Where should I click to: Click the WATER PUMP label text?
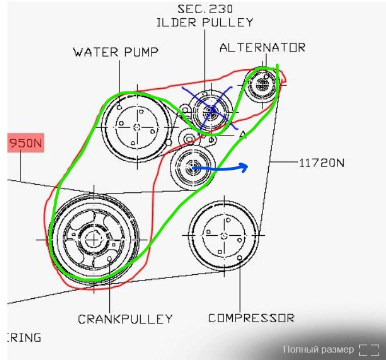[x=116, y=52]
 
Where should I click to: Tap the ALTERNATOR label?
[x=262, y=48]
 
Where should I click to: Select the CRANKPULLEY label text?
[x=125, y=318]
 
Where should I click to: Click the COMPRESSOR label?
[x=251, y=318]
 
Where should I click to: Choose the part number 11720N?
[x=322, y=163]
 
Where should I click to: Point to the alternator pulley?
[x=262, y=85]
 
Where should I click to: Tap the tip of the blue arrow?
[x=247, y=167]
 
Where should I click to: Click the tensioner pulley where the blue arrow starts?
[x=193, y=167]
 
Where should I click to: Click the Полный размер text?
[x=319, y=349]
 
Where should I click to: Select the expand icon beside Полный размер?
[x=369, y=349]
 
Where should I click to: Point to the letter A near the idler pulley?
[x=242, y=135]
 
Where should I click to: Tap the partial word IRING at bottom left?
[x=25, y=337]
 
